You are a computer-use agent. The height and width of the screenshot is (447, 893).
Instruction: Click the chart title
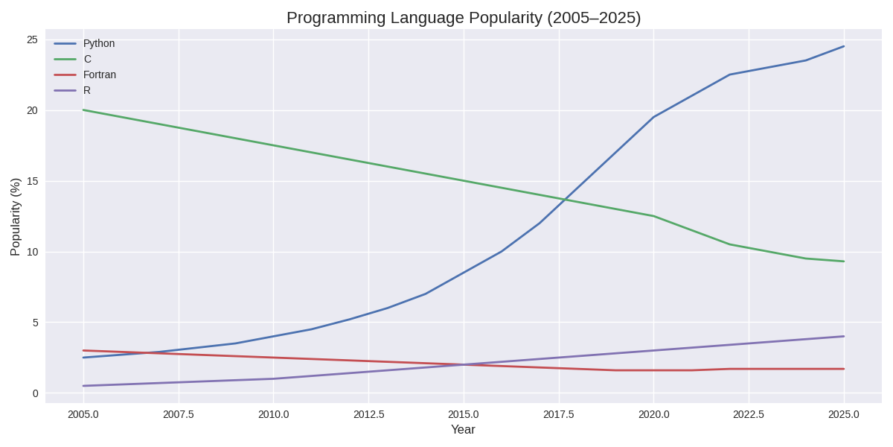[x=463, y=17]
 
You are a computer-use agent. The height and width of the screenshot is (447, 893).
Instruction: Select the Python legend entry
[x=99, y=43]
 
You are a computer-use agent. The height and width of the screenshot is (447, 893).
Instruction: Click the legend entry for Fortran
[x=100, y=74]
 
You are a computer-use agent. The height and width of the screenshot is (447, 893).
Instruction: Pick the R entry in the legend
[x=87, y=90]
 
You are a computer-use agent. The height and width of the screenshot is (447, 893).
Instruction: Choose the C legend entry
[x=87, y=59]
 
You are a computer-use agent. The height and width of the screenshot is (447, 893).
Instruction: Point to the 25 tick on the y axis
[x=32, y=39]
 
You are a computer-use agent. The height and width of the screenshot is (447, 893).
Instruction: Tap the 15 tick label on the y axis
[x=32, y=181]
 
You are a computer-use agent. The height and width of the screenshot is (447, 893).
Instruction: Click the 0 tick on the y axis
[x=35, y=393]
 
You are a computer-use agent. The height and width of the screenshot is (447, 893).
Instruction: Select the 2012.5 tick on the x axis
[x=368, y=414]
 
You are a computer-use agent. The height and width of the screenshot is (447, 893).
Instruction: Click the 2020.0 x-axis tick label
[x=653, y=414]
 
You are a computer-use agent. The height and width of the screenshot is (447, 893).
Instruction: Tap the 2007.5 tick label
[x=179, y=414]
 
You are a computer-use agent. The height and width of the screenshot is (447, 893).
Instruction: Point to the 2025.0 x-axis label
[x=844, y=414]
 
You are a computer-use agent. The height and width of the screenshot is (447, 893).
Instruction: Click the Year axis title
[x=463, y=430]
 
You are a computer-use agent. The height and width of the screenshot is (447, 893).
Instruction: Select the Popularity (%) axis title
[x=16, y=217]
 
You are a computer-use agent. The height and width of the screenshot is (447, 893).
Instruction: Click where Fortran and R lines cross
[x=464, y=365]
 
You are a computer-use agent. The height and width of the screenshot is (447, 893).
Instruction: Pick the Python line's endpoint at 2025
[x=844, y=46]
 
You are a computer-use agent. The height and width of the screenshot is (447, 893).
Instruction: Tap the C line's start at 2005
[x=83, y=110]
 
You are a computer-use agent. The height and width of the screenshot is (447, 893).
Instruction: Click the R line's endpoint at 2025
[x=844, y=336]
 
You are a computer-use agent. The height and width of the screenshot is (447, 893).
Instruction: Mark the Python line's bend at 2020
[x=653, y=117]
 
